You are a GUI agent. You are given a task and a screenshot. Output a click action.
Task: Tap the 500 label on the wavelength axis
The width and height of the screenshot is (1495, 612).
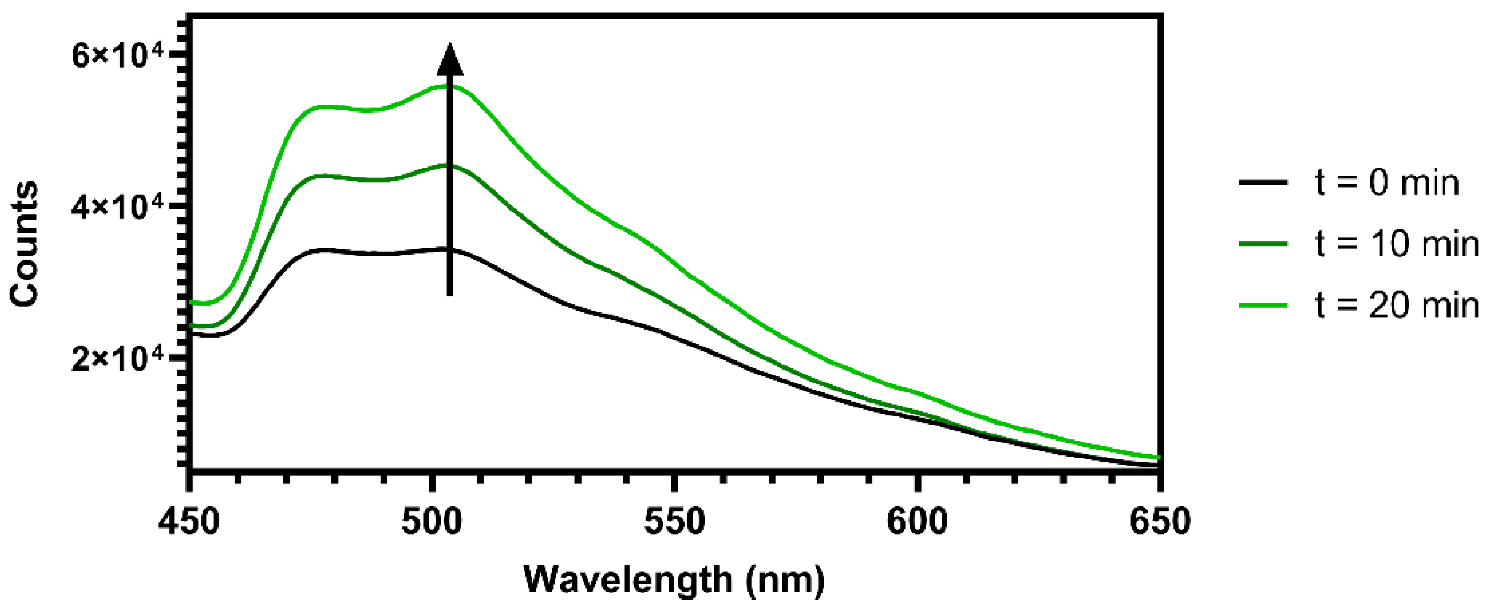point(432,521)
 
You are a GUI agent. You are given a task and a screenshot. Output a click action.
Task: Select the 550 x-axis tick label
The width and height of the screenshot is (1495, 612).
point(674,521)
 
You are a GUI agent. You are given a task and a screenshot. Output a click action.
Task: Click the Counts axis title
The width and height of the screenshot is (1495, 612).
point(25,244)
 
